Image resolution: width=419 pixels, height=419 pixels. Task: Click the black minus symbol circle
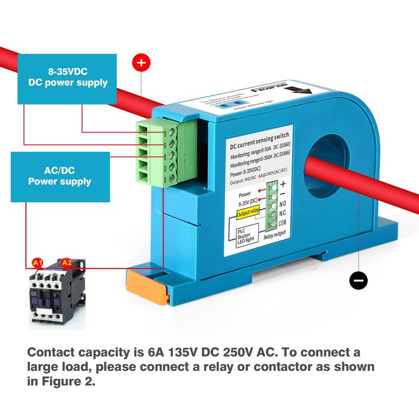[x=358, y=280]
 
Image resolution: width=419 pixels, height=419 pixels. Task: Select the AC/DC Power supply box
[x=60, y=177]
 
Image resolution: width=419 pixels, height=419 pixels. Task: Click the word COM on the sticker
[x=283, y=224]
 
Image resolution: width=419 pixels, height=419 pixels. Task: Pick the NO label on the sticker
[x=282, y=204]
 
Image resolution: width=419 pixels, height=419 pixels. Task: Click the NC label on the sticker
[x=282, y=214]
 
